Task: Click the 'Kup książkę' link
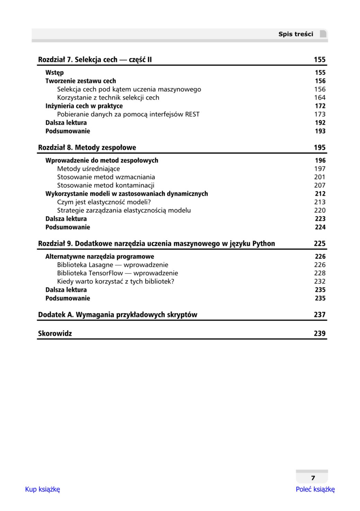pyautogui.click(x=42, y=489)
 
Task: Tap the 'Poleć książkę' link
pyautogui.click(x=315, y=489)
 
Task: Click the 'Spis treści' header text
pyautogui.click(x=296, y=34)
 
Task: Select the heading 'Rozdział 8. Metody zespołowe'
pyautogui.click(x=87, y=148)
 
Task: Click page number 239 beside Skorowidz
pyautogui.click(x=319, y=334)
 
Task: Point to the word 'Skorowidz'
pyautogui.click(x=55, y=334)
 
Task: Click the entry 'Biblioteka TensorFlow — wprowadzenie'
pyautogui.click(x=117, y=273)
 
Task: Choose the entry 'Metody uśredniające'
pyautogui.click(x=88, y=169)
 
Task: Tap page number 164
pyautogui.click(x=319, y=98)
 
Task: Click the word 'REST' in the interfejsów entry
pyautogui.click(x=192, y=114)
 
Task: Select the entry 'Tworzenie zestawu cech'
pyautogui.click(x=81, y=81)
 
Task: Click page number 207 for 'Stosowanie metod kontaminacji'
pyautogui.click(x=319, y=185)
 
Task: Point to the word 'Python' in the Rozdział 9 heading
pyautogui.click(x=263, y=244)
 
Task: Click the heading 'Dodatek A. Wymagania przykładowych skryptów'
pyautogui.click(x=117, y=315)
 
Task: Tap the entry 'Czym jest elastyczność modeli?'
pyautogui.click(x=104, y=202)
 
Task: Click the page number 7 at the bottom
pyautogui.click(x=313, y=478)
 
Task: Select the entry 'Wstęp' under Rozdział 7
pyautogui.click(x=54, y=73)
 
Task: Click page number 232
pyautogui.click(x=319, y=281)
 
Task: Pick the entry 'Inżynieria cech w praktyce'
pyautogui.click(x=84, y=106)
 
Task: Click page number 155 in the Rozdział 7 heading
pyautogui.click(x=319, y=60)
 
